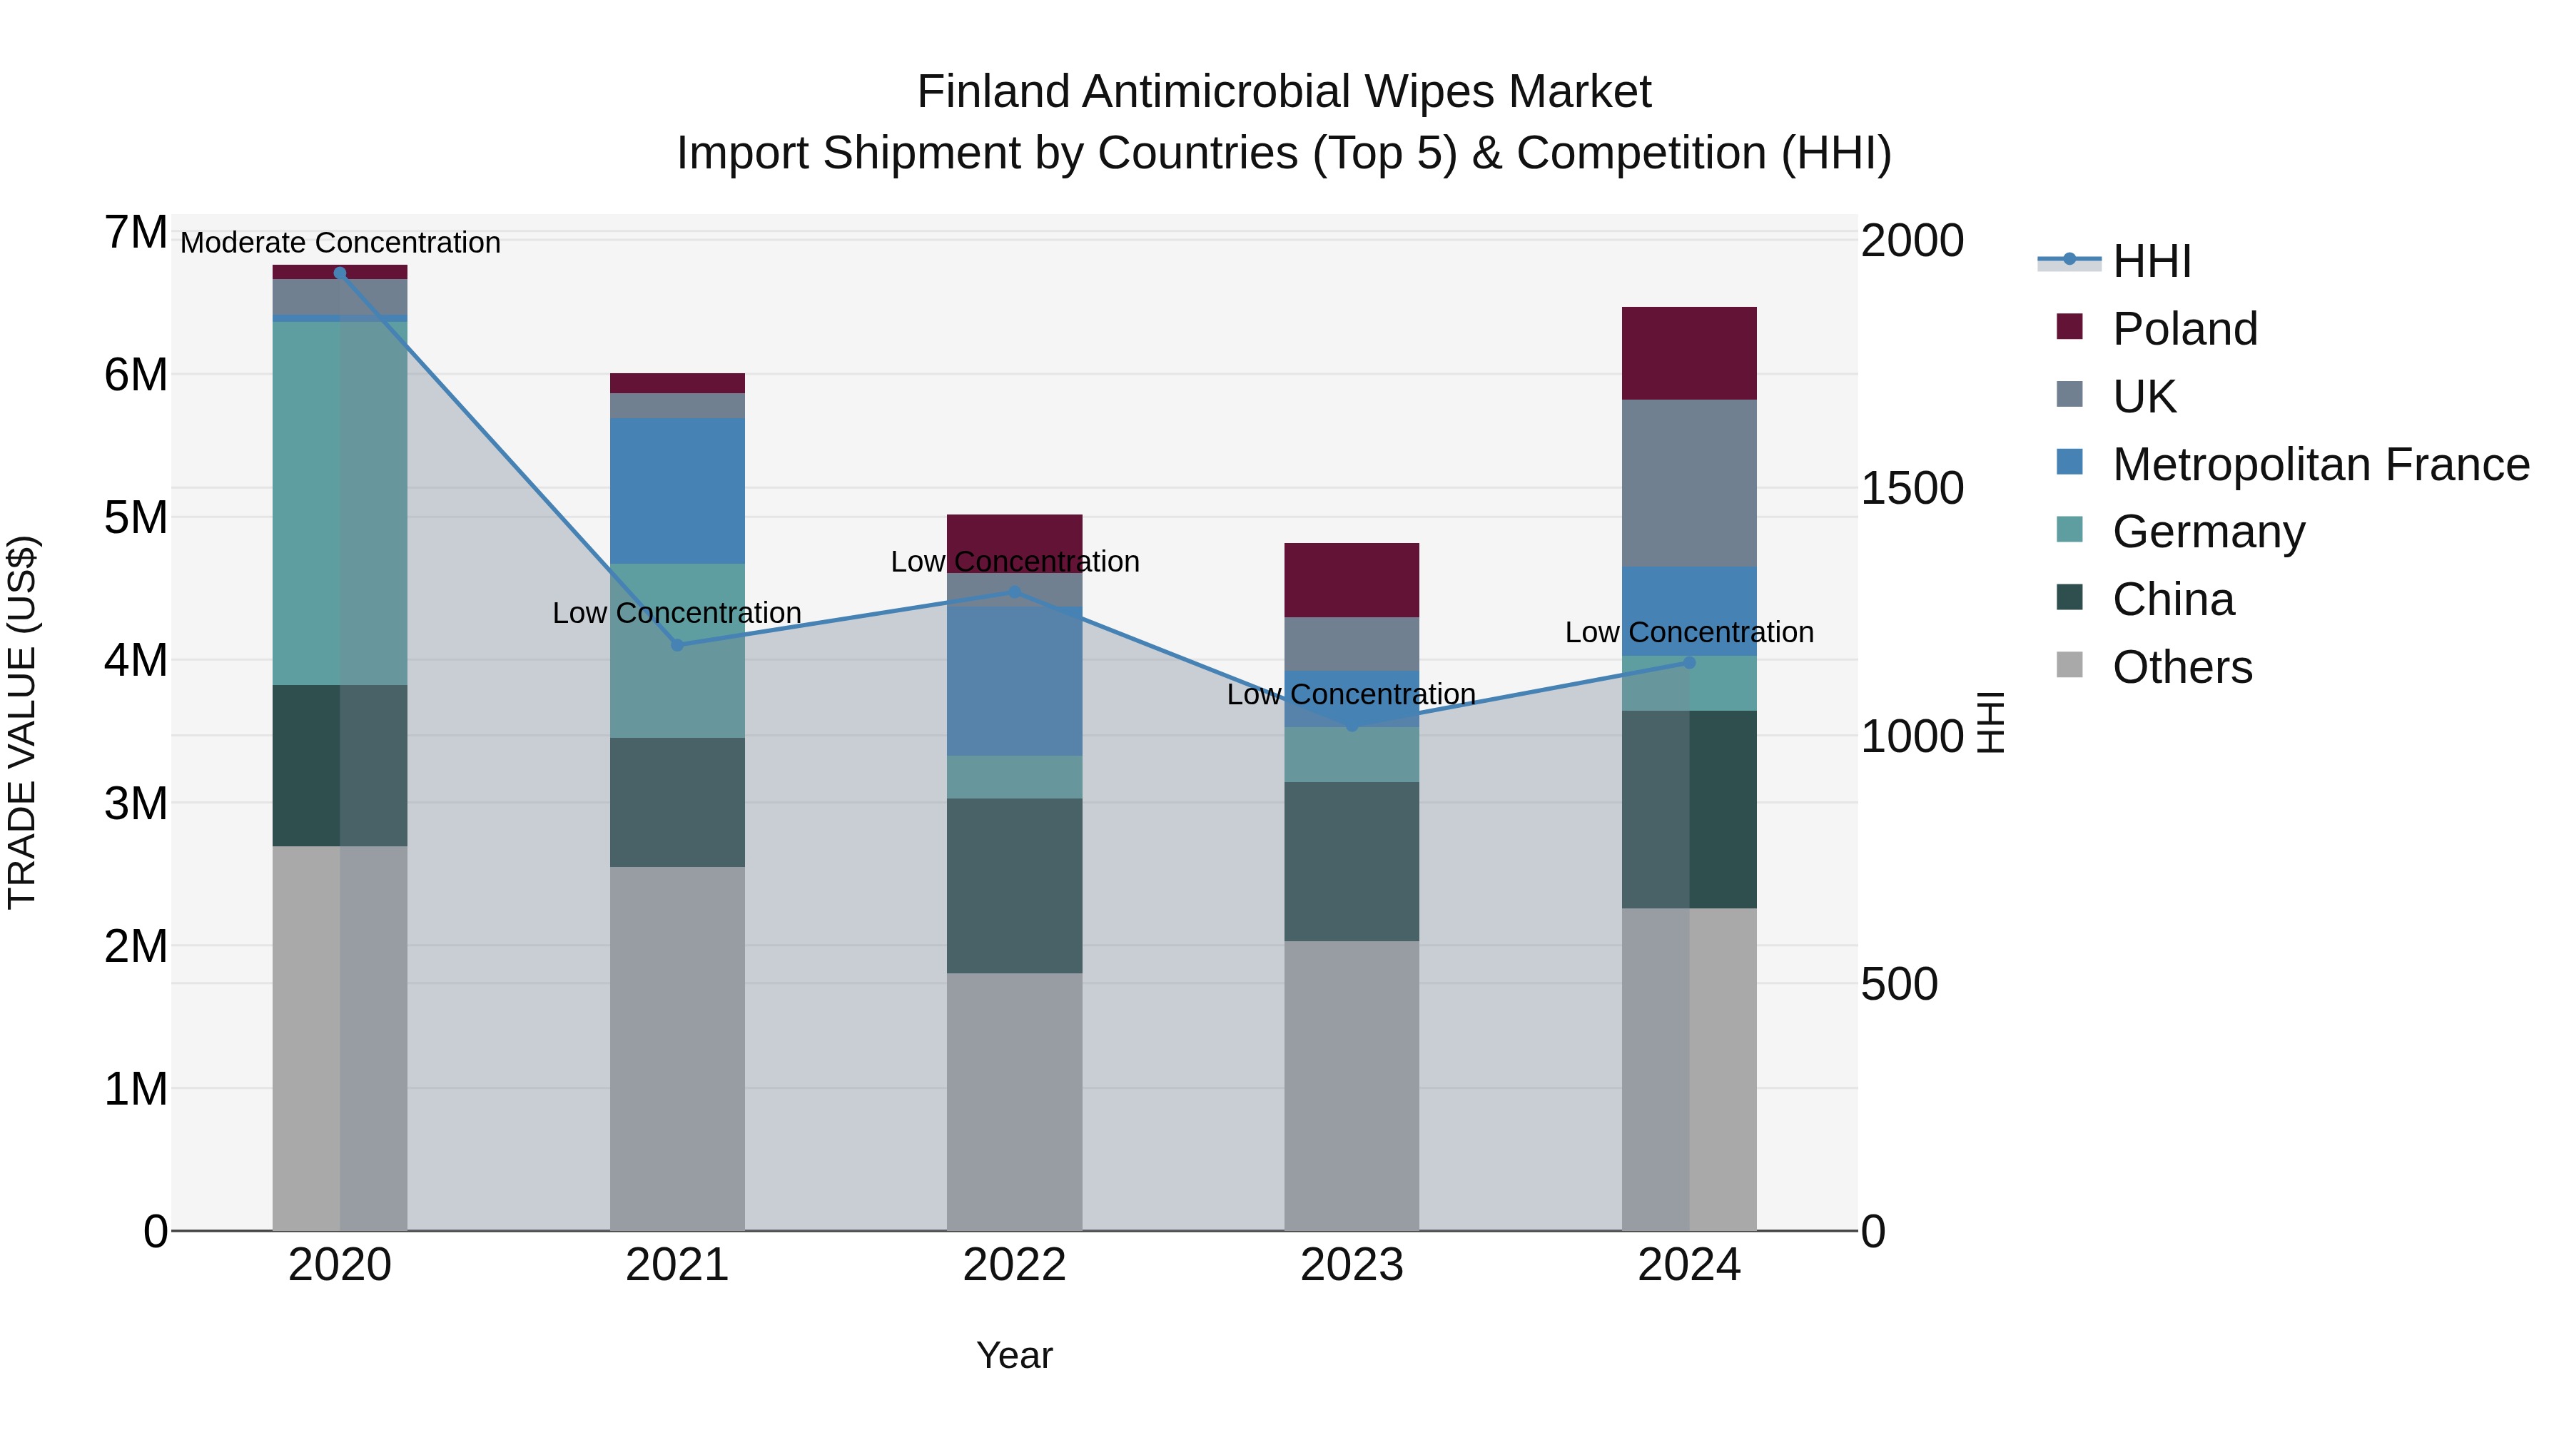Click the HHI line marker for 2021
pyautogui.click(x=677, y=645)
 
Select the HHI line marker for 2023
pyautogui.click(x=1352, y=726)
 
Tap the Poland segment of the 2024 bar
pyautogui.click(x=1688, y=353)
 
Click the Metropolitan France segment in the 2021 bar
pyautogui.click(x=677, y=491)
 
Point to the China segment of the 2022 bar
pyautogui.click(x=1014, y=886)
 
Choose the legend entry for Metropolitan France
pyautogui.click(x=2320, y=464)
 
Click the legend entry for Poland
pyautogui.click(x=2184, y=328)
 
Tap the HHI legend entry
pyautogui.click(x=2151, y=261)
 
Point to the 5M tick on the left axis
pyautogui.click(x=136, y=517)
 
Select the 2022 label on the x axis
pyautogui.click(x=1014, y=1265)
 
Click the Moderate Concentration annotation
pyautogui.click(x=340, y=243)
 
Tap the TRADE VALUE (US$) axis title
pyautogui.click(x=22, y=722)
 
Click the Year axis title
pyautogui.click(x=1014, y=1355)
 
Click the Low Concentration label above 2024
pyautogui.click(x=1688, y=632)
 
